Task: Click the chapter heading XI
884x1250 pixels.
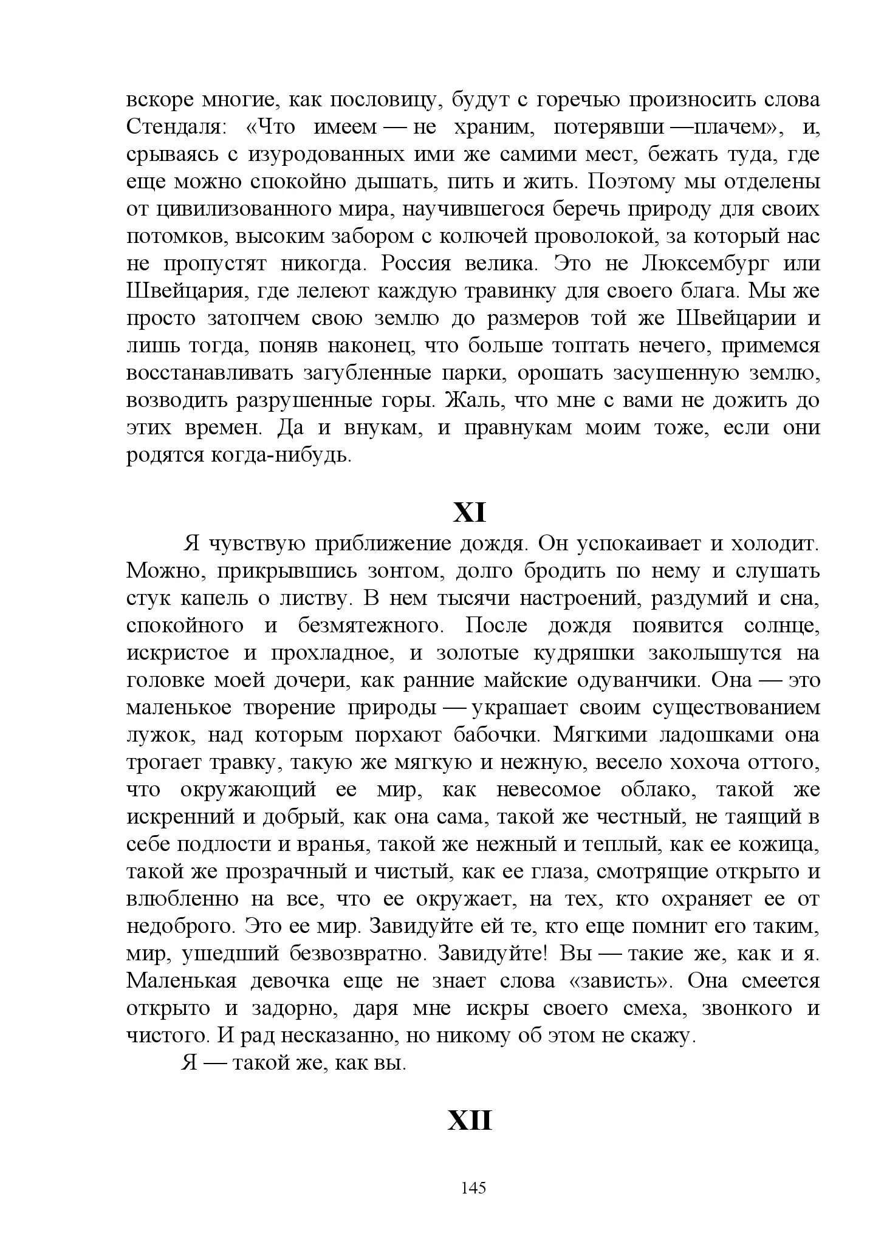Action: click(x=470, y=513)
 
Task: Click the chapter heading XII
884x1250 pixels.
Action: click(x=470, y=1121)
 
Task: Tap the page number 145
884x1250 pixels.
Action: click(x=473, y=1187)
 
